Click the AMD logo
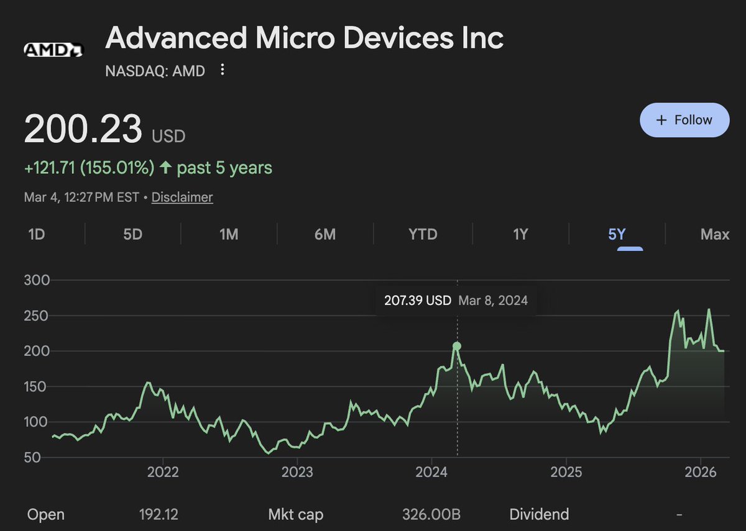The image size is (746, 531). tap(53, 50)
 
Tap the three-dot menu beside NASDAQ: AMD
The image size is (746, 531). tap(223, 70)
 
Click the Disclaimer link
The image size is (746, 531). tap(182, 197)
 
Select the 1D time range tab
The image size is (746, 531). tap(37, 234)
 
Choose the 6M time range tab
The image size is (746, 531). tap(325, 234)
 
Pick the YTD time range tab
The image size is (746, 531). tap(423, 234)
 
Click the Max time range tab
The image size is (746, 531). tap(714, 234)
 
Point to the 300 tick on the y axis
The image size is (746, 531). tap(36, 281)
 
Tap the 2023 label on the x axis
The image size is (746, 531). tap(297, 473)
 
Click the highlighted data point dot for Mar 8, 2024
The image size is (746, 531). tap(457, 346)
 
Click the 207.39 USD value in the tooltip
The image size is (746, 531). tap(417, 301)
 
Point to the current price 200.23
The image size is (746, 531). tap(83, 129)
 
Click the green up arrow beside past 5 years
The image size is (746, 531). tap(165, 168)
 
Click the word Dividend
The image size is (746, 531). tap(539, 514)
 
